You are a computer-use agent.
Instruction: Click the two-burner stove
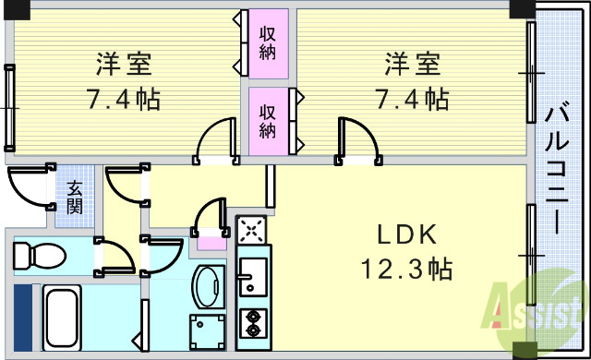pos(251,324)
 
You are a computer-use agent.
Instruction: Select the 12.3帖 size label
pos(406,270)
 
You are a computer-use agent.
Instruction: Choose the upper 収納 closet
pos(268,42)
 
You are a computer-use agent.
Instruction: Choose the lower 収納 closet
pos(268,121)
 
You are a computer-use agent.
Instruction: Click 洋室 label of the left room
pos(123,66)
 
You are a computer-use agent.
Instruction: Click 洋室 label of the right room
pos(412,66)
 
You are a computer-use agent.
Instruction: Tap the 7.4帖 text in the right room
pos(412,98)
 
